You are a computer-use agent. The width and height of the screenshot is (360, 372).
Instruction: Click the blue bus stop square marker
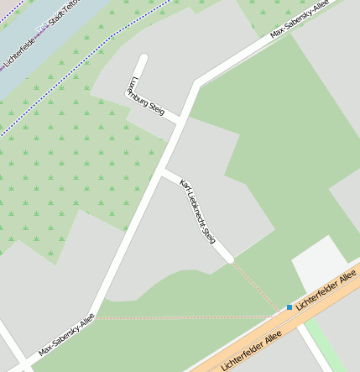pos(290,307)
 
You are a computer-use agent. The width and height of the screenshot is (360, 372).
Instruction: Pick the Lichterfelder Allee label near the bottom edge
pos(249,351)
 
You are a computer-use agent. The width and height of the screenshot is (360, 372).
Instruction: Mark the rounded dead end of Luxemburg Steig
pos(143,59)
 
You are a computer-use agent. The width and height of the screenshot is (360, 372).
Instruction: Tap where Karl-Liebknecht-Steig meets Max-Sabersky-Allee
pos(164,173)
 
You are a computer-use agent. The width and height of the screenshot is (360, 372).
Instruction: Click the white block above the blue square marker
pos(318,264)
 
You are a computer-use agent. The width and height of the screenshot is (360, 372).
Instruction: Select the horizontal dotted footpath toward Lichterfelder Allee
pos(185,317)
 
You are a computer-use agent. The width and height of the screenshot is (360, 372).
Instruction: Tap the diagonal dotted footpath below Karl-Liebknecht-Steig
pos(256,285)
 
